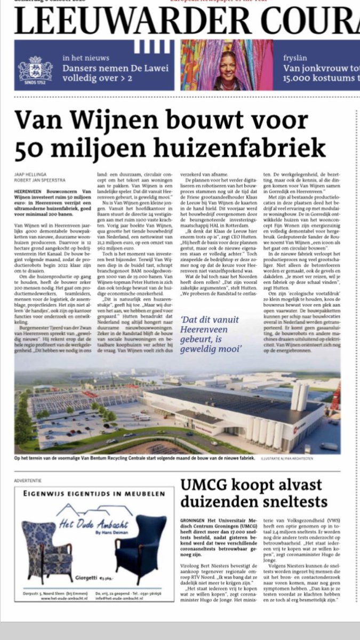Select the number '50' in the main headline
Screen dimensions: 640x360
pyautogui.click(x=30, y=146)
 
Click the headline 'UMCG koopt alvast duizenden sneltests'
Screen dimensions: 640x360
pyautogui.click(x=251, y=493)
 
